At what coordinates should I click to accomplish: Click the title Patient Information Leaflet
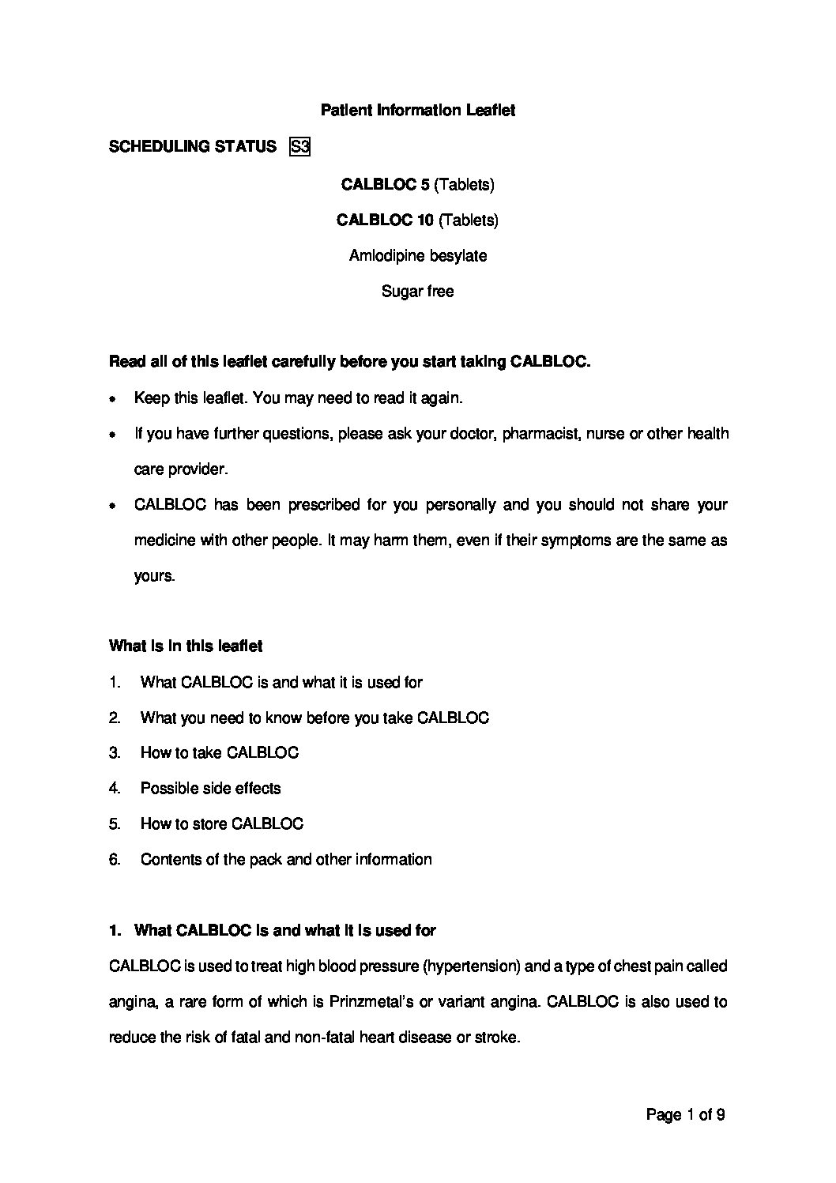point(417,111)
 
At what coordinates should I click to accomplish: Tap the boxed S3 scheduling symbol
point(299,146)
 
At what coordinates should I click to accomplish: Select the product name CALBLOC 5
point(385,185)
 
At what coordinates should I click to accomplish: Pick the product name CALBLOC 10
point(385,220)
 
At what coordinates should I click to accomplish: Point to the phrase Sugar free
point(417,292)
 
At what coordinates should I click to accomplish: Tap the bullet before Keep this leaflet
point(114,400)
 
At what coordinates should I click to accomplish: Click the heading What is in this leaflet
point(186,646)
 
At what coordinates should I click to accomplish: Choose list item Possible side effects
point(210,788)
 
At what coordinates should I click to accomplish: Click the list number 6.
point(115,859)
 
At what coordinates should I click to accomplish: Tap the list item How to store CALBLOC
point(221,823)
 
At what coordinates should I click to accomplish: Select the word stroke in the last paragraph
point(497,1038)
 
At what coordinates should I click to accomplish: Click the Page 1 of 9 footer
point(685,1115)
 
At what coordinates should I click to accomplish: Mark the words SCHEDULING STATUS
point(192,146)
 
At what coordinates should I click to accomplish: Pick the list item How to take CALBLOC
point(219,752)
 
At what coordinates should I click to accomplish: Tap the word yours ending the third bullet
point(154,576)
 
